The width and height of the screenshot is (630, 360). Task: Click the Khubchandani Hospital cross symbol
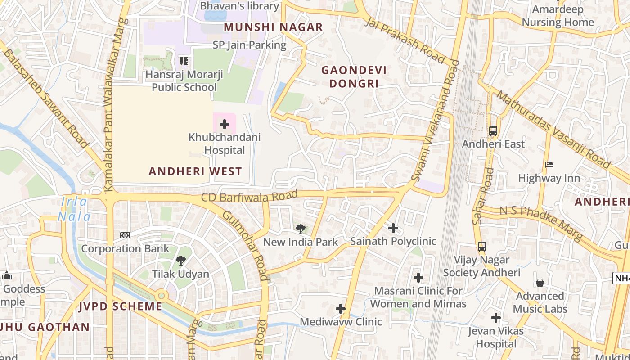coord(224,124)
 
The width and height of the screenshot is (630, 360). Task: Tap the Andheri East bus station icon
coord(493,131)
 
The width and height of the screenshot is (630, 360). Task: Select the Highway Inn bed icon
coord(549,165)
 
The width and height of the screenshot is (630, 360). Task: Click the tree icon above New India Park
coord(301,229)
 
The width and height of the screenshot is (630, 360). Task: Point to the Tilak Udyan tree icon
coord(181,260)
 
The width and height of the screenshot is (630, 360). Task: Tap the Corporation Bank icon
coord(125,235)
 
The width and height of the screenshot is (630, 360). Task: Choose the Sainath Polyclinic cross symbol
coord(393,228)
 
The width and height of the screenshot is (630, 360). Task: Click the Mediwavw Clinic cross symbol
coord(341,309)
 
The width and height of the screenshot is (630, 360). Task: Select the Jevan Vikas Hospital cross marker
coord(496,318)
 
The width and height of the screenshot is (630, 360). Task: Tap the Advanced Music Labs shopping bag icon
coord(540,283)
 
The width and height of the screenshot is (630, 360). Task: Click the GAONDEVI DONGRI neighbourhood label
coord(354,77)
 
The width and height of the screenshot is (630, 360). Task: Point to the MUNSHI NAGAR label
coord(273,27)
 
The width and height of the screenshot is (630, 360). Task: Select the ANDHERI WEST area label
coord(195,171)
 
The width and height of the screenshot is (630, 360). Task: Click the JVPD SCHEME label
coord(120,306)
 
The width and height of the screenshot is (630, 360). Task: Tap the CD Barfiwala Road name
coord(249,197)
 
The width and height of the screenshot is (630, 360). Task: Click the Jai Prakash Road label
coord(405,41)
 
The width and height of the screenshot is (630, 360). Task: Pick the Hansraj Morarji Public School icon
coord(184,61)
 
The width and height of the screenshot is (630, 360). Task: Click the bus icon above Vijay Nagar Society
coord(481,247)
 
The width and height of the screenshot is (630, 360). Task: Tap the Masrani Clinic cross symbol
coord(418,278)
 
